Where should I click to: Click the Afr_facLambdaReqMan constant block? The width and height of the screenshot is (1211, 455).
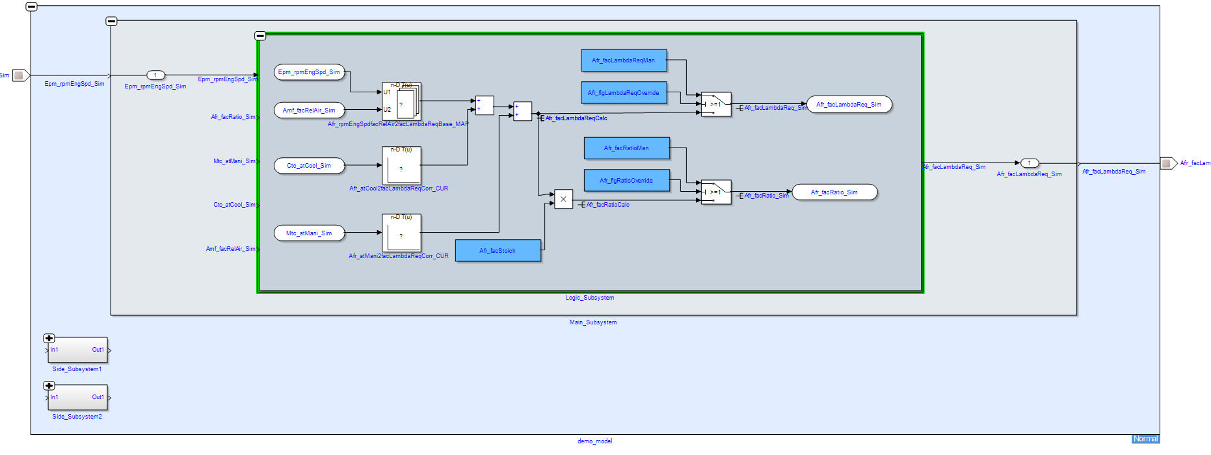tap(623, 60)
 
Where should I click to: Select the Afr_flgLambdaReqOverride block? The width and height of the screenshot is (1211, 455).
tap(623, 93)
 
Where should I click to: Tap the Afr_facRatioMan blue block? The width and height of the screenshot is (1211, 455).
tap(626, 148)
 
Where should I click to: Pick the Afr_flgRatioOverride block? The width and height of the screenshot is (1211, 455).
tap(626, 181)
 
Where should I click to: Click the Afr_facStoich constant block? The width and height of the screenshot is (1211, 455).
tap(498, 251)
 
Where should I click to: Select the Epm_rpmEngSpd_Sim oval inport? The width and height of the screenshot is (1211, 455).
tap(309, 72)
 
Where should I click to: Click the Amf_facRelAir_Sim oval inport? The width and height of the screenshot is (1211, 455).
tap(309, 110)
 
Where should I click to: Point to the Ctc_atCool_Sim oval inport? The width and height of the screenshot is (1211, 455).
tap(309, 166)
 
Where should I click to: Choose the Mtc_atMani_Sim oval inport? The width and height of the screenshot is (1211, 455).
tap(309, 233)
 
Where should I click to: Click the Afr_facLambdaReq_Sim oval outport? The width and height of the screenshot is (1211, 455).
tap(849, 105)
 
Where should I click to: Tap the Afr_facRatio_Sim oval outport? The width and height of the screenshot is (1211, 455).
tap(834, 192)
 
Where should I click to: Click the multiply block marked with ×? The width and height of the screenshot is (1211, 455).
tap(563, 200)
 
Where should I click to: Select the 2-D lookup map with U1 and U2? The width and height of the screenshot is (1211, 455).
tap(401, 101)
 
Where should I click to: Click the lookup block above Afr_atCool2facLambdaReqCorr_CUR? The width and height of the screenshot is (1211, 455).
tap(401, 165)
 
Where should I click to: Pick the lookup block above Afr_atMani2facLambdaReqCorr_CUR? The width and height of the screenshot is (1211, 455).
tap(401, 233)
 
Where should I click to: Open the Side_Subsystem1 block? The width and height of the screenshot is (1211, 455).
tap(77, 350)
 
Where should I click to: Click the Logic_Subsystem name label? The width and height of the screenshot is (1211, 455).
tap(589, 298)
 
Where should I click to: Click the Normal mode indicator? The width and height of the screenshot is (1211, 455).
tap(1145, 439)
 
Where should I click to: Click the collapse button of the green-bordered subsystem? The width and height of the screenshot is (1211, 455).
tap(260, 36)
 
